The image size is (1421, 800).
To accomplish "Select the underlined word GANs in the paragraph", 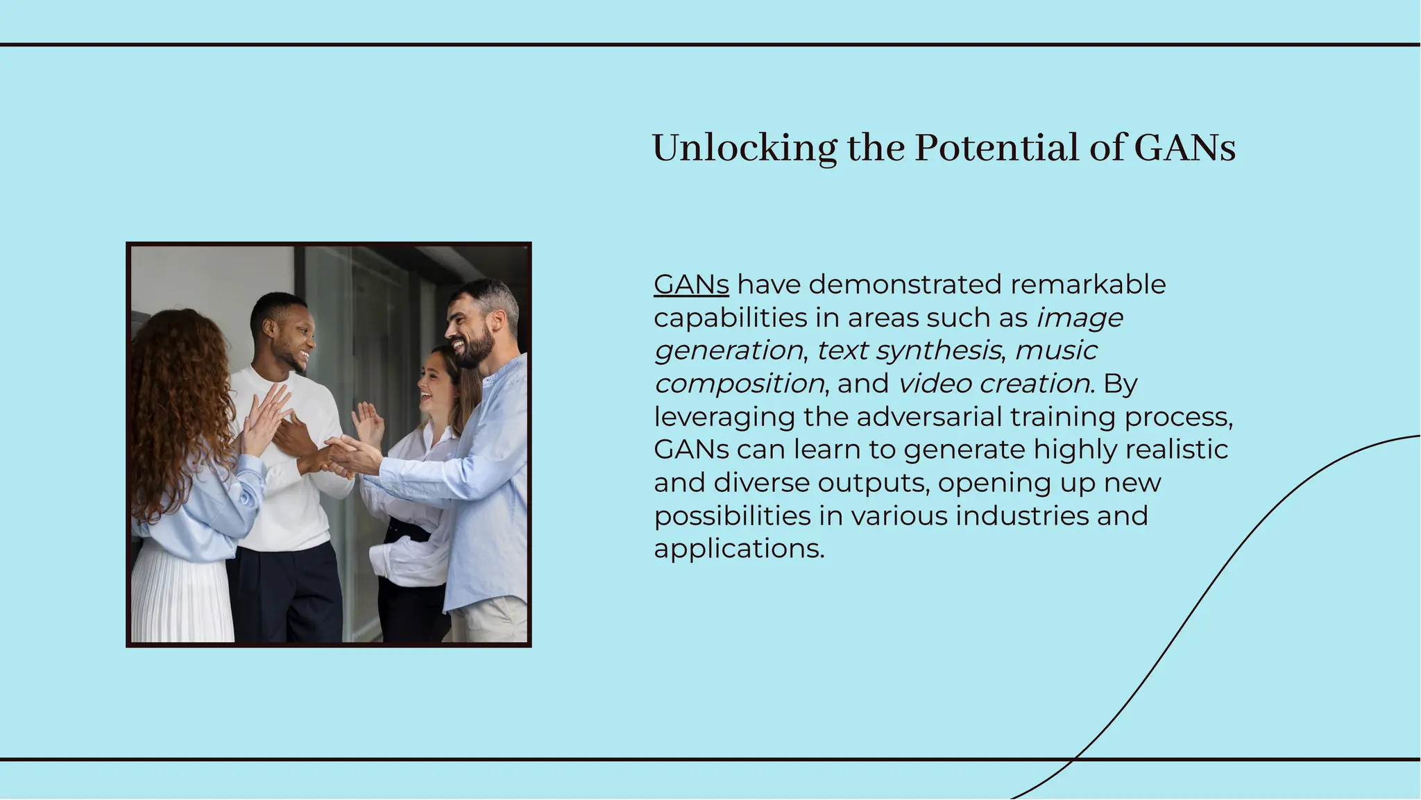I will (691, 284).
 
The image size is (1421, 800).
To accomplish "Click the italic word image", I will (1079, 318).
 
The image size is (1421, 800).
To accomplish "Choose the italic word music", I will (1055, 350).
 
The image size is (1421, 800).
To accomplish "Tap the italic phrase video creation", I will (994, 384).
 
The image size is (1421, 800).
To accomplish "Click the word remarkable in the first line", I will (1088, 284).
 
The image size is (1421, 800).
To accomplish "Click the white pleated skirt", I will (182, 597).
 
